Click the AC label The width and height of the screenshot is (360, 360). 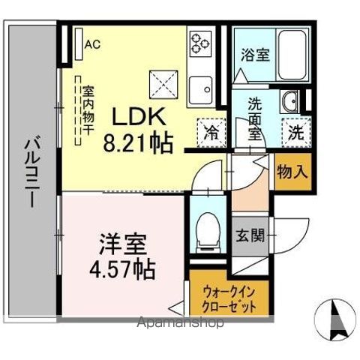tap(92, 44)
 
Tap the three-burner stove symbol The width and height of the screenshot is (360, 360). tap(201, 42)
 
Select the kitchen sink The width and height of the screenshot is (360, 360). tap(200, 90)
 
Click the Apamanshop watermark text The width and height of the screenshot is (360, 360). tap(179, 324)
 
